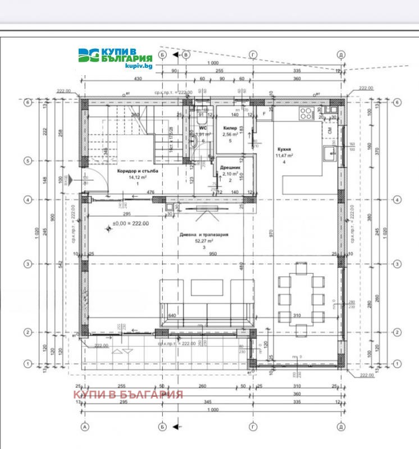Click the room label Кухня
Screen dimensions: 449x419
[x=284, y=149]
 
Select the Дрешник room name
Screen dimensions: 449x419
[x=231, y=167]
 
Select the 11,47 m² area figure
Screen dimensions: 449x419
[x=284, y=156]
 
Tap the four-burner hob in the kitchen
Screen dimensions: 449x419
[x=307, y=114]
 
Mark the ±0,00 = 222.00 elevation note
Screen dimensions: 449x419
[x=130, y=223]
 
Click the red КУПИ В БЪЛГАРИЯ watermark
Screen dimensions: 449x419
[x=129, y=394]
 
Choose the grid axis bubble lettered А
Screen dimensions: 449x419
[x=85, y=425]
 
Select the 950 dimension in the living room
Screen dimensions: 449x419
[x=212, y=254]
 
